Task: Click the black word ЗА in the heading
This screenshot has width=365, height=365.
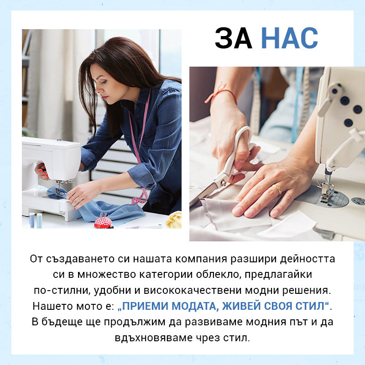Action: point(234,38)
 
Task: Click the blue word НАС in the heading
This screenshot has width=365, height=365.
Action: point(289,38)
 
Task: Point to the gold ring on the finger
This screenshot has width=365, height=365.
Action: point(277,189)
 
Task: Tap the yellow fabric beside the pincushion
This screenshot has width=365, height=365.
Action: point(174,220)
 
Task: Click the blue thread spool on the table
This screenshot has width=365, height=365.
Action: point(32,220)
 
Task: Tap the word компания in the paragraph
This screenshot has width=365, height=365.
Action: point(201,259)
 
